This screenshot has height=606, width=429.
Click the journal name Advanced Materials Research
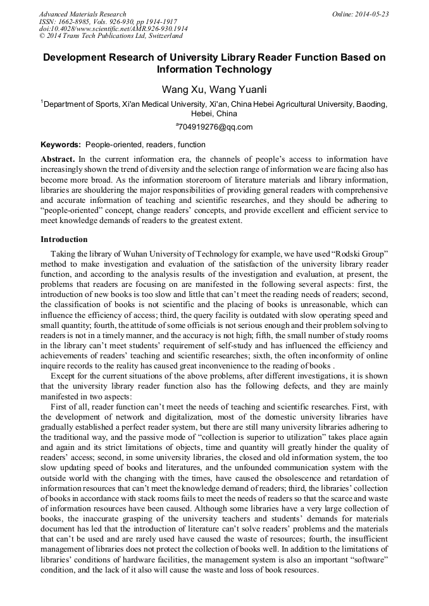(x=83, y=14)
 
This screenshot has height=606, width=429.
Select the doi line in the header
(x=113, y=29)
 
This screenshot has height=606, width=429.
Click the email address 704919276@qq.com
(x=216, y=127)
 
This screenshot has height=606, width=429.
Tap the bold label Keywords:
(x=61, y=145)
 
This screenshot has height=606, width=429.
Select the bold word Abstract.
(x=58, y=159)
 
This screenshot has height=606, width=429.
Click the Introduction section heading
(x=64, y=239)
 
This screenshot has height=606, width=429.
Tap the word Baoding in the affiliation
(x=370, y=104)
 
